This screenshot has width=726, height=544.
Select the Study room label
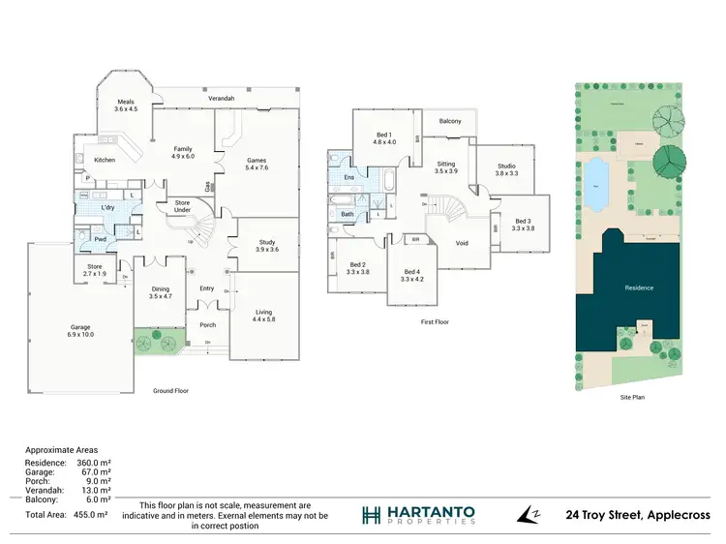tap(266, 245)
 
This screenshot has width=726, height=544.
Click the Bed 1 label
tap(384, 136)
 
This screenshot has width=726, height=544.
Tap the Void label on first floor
tap(462, 243)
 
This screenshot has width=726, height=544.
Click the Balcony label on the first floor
tap(450, 121)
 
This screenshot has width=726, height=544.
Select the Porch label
tap(208, 325)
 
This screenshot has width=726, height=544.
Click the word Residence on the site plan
tap(639, 287)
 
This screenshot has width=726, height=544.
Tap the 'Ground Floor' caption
tap(170, 391)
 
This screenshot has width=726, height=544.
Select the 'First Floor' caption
tap(434, 322)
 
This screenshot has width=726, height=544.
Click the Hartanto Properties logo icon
tap(371, 515)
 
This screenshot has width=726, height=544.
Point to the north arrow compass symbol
tap(528, 515)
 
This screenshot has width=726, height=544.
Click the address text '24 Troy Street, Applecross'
tap(638, 516)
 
